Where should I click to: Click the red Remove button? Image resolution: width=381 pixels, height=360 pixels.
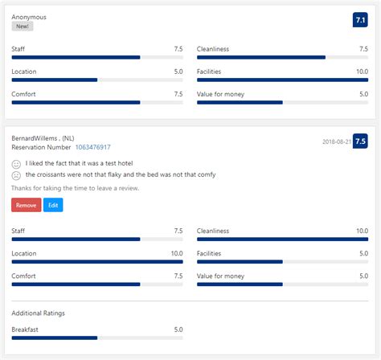pos(26,205)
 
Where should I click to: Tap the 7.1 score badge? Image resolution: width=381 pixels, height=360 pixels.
pos(360,19)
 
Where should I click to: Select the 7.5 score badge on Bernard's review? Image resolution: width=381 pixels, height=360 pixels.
pos(360,141)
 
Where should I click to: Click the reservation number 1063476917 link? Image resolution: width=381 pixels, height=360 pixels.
pos(92,148)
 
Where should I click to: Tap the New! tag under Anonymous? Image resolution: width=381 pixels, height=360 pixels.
pos(22,27)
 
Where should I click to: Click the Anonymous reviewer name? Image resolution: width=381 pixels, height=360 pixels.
pos(29,16)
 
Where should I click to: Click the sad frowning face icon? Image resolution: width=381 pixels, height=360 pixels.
pos(16,175)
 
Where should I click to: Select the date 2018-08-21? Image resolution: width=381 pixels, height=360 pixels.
pos(335,141)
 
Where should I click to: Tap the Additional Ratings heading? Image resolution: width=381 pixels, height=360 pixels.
pos(39,313)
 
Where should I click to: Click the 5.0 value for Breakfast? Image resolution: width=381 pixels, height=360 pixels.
pos(178,329)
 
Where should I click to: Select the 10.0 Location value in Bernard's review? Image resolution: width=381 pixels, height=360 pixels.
pos(177,253)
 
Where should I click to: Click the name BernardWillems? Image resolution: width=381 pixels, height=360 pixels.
pos(39,137)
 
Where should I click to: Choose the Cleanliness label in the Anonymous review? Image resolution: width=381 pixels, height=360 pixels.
pos(213,49)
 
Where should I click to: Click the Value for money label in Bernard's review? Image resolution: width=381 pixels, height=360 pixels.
pos(220,276)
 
